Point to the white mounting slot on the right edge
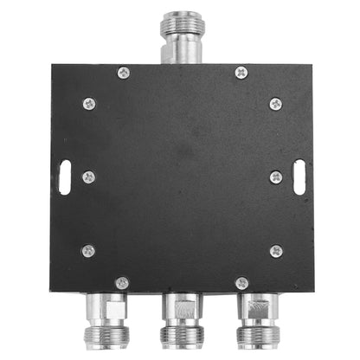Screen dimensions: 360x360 click(x=299, y=177)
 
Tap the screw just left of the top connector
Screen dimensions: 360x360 click(x=123, y=73)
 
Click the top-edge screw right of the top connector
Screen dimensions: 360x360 click(x=241, y=73)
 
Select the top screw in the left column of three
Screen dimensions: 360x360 click(x=88, y=103)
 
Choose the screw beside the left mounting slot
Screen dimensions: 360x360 click(x=88, y=177)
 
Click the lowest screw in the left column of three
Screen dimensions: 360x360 click(x=88, y=251)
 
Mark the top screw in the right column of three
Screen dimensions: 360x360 click(x=275, y=104)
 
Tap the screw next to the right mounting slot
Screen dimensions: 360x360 click(x=275, y=177)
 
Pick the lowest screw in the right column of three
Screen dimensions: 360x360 click(x=275, y=251)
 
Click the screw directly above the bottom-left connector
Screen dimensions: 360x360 click(x=122, y=282)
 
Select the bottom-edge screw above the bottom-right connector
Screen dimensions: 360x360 click(x=241, y=282)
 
